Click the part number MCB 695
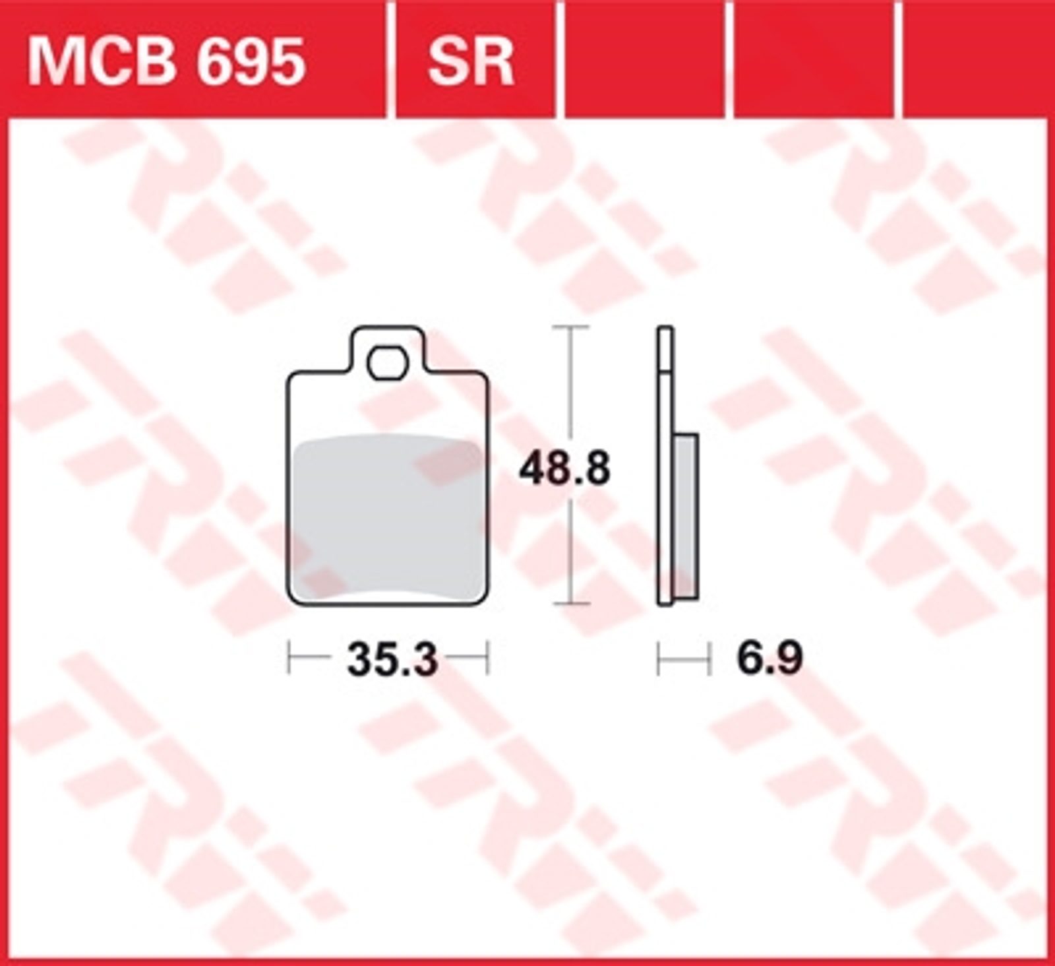[x=166, y=62]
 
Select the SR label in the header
[x=470, y=62]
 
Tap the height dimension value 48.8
[x=564, y=469]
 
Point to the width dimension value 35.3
[x=392, y=659]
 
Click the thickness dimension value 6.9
[x=769, y=658]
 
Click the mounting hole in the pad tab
[x=388, y=363]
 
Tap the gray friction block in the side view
[x=686, y=517]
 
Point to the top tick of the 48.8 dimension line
[x=570, y=327]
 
